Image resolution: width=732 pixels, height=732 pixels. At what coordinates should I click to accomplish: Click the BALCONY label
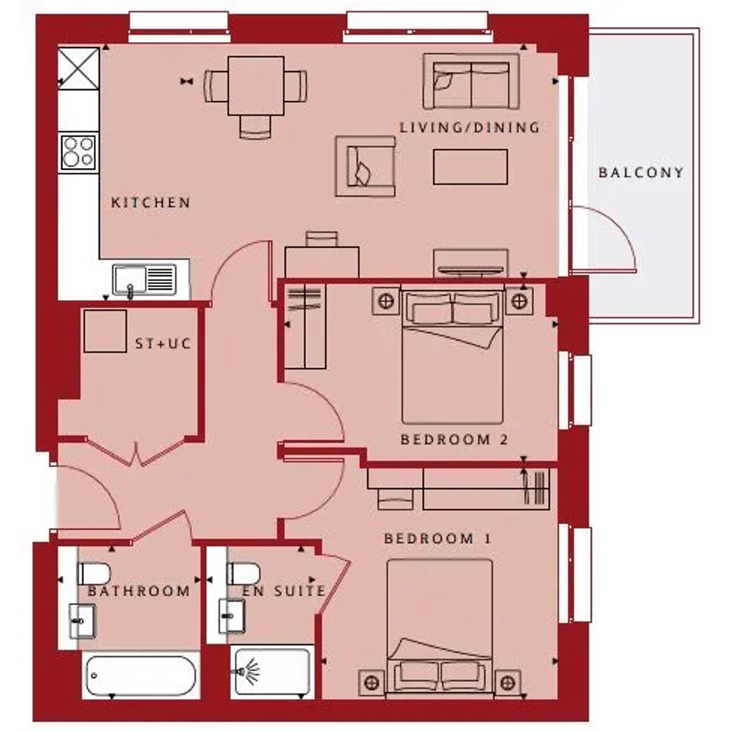(641, 173)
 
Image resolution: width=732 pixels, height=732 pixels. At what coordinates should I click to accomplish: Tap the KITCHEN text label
(151, 203)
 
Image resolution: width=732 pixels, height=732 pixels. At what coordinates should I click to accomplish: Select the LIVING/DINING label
(469, 128)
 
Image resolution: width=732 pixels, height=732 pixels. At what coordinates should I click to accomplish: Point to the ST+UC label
(163, 344)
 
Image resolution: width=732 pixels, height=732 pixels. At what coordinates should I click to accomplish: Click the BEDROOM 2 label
(454, 440)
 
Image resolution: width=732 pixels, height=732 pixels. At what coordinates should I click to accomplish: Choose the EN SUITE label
(284, 591)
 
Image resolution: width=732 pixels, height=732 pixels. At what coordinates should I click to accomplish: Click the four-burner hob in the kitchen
(78, 152)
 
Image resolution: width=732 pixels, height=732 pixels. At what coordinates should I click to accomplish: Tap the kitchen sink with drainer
(145, 280)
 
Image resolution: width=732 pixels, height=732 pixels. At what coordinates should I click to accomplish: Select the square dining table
(256, 86)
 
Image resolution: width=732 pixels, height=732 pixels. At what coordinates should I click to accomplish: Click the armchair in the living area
(366, 167)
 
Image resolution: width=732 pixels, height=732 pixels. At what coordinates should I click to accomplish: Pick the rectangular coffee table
(470, 167)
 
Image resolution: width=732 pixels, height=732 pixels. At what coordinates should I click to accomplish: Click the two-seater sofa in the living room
(471, 81)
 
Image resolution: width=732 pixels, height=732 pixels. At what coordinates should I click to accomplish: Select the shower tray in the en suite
(272, 672)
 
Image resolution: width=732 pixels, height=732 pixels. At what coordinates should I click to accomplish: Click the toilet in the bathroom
(94, 574)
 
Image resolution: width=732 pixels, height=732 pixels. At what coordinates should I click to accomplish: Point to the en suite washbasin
(232, 617)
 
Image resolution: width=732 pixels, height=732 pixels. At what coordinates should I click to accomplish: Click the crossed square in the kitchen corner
(78, 69)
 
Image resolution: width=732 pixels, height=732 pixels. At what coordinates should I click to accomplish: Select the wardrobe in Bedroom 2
(305, 326)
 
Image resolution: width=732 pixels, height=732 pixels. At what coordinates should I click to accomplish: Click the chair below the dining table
(255, 127)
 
